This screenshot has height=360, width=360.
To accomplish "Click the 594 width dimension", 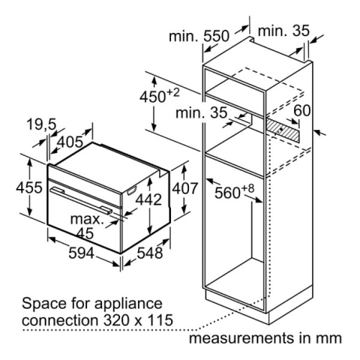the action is (x=81, y=253).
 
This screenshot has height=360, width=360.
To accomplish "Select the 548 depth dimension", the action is (x=149, y=253).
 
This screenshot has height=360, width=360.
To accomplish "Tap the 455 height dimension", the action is (x=29, y=187).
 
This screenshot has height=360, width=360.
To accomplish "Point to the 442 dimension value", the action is (x=149, y=200).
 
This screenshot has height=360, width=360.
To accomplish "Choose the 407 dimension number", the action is (x=185, y=188).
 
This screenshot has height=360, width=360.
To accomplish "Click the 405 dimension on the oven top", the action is (x=70, y=142).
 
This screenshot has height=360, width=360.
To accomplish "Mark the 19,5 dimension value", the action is (x=41, y=125).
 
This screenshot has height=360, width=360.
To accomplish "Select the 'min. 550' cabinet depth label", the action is (x=199, y=36).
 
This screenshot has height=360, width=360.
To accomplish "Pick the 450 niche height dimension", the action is (x=160, y=96).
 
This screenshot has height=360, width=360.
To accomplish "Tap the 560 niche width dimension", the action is (x=235, y=191).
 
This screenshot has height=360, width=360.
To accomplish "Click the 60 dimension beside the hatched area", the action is (x=302, y=110).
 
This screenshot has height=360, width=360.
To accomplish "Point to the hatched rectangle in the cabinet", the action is (x=283, y=130).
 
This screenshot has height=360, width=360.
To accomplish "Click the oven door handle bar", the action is (x=81, y=201).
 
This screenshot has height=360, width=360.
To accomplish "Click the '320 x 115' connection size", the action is (x=138, y=320).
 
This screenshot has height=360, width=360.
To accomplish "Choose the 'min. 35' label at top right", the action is (x=284, y=31).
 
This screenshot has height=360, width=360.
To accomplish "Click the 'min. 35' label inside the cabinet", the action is (x=202, y=113).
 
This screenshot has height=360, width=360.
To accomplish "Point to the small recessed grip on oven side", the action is (x=132, y=191).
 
